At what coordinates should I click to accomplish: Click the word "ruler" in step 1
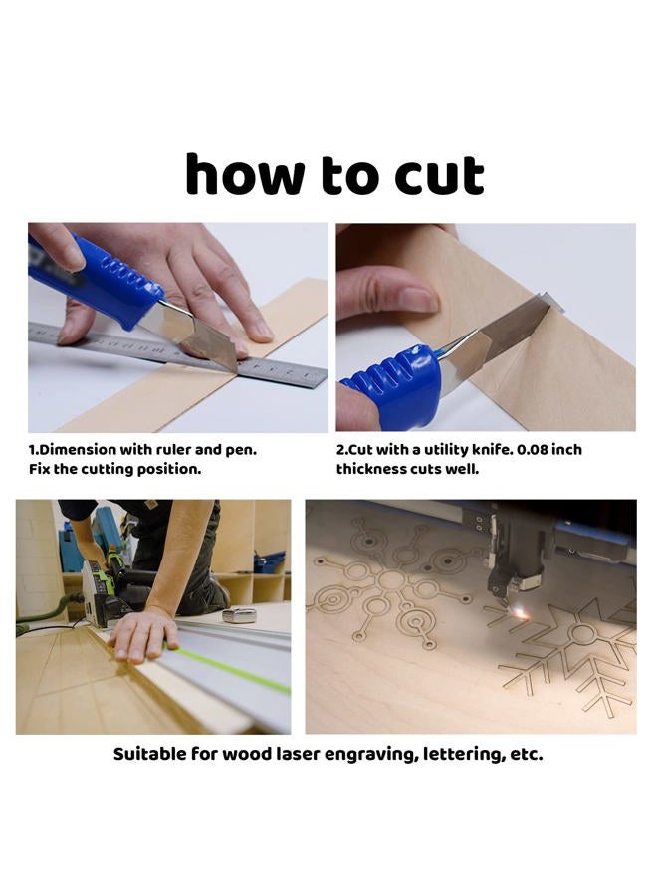(x=172, y=450)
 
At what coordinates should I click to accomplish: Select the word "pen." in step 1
(x=241, y=451)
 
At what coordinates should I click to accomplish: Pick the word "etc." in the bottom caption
(x=527, y=755)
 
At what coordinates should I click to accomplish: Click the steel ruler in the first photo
(x=177, y=354)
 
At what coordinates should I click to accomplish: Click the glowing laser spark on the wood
(x=520, y=613)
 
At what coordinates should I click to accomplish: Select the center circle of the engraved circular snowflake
(x=392, y=580)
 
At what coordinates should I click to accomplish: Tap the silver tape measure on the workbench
(x=239, y=615)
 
